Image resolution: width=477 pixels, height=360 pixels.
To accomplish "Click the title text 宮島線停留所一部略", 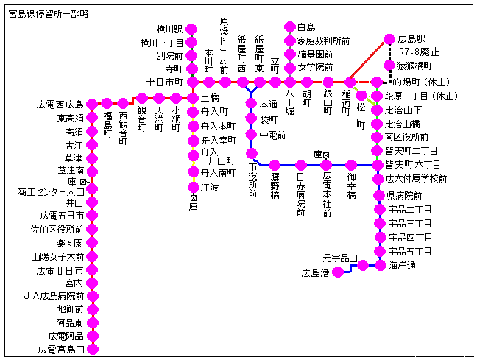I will coord(49,13).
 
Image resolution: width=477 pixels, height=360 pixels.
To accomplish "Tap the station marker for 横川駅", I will coord(192,29).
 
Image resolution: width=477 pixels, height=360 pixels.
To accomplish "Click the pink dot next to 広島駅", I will coord(390,39).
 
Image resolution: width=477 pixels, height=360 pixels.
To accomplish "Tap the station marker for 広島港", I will coord(338,272).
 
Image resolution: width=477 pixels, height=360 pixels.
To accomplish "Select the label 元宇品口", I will coord(339,258).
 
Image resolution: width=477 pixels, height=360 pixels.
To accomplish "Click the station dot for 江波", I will coord(192,187).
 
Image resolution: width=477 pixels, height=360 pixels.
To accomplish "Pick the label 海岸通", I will coord(403,265).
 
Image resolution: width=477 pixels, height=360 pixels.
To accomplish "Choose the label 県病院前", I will coord(404,196).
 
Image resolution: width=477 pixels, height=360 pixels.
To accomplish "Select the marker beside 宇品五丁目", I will coord(381,252).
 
